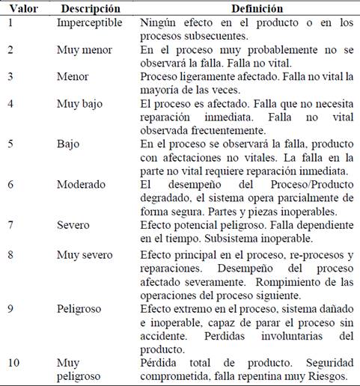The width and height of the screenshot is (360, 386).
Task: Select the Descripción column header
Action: (x=90, y=8)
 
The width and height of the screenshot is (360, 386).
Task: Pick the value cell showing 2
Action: (x=10, y=49)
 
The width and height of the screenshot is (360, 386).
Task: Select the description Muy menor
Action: (x=83, y=49)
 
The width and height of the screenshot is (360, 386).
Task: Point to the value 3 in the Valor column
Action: (x=10, y=77)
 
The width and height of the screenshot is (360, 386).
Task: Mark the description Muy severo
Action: (x=85, y=255)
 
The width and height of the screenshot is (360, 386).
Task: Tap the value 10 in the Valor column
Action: (x=13, y=363)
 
